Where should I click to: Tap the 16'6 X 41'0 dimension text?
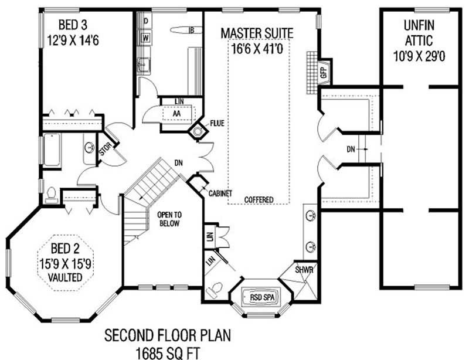point(257,48)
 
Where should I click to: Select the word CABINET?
point(220,193)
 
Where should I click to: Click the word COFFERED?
point(259,200)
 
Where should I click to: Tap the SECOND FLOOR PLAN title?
point(168,337)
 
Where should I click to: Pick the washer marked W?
point(145,39)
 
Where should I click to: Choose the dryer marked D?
point(145,21)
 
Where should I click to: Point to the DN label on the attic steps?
point(351,150)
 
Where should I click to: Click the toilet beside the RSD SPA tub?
point(215,288)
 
